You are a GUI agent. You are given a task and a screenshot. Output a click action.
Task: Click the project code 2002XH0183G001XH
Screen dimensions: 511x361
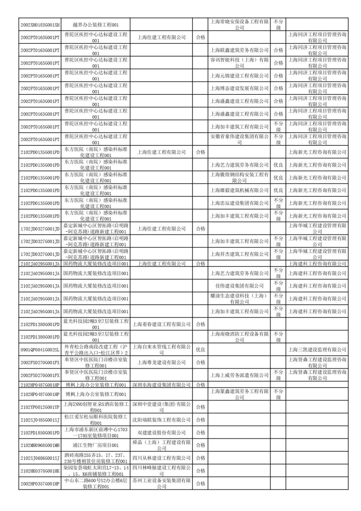coord(40,25)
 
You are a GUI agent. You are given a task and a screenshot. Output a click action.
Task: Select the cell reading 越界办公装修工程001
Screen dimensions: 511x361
coord(96,25)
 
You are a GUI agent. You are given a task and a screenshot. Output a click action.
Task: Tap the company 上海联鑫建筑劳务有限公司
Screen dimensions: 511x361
coord(239,50)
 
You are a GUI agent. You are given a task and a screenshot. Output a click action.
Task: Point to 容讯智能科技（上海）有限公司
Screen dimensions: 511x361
coord(239,63)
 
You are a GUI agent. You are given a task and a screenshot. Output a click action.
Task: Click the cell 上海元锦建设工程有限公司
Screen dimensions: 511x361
coord(239,76)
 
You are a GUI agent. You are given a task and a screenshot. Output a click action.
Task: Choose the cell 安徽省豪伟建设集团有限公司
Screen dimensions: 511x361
coord(239,139)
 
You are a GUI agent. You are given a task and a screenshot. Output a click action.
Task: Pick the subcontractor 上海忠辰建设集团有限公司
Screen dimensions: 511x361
coord(239,203)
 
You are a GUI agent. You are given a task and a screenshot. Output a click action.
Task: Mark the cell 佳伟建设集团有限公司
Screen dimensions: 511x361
coord(239,286)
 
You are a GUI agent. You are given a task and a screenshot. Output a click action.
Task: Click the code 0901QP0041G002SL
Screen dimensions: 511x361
coord(40,350)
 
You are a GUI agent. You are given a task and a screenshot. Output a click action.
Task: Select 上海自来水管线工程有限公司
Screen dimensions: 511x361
coord(161,350)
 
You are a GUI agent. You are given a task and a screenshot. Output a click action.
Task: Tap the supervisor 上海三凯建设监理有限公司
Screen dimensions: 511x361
coord(317,350)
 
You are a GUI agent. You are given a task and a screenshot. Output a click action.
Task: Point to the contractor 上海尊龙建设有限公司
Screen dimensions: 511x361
coord(161,363)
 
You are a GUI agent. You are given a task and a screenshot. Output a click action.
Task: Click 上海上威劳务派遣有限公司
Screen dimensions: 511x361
coord(239,375)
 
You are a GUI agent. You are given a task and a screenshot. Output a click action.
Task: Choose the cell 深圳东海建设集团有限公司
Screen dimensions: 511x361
coord(161,385)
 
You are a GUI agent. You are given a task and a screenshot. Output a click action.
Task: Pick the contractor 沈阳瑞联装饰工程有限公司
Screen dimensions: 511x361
coord(161,420)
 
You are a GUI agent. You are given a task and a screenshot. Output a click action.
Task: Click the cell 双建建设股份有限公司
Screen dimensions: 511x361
coord(161,433)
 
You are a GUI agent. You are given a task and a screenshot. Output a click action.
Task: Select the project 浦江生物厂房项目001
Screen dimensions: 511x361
coord(96,445)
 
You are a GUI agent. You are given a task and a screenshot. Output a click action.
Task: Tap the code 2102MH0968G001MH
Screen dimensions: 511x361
coord(40,445)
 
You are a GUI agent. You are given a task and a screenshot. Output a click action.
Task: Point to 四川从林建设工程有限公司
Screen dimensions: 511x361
coord(161,458)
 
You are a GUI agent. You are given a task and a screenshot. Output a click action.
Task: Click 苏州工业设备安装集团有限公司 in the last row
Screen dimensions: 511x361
coord(161,484)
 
